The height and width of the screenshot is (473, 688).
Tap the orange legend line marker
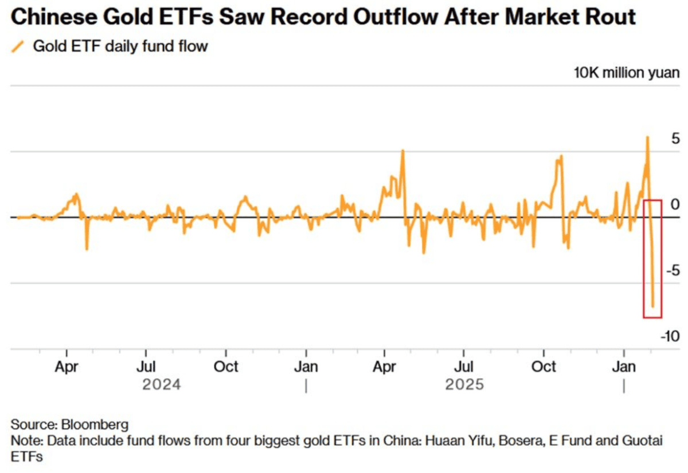tap(18, 46)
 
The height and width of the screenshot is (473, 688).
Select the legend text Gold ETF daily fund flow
tap(120, 46)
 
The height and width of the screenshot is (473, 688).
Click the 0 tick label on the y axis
tap(675, 204)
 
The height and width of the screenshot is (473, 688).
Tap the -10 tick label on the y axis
tap(670, 336)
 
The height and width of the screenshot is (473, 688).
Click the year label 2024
tap(161, 384)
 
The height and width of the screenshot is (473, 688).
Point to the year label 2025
tap(464, 384)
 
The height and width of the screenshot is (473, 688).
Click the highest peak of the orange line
tap(647, 137)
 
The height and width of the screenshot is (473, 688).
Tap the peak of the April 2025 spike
tap(402, 151)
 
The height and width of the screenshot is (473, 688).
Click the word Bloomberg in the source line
tap(95, 425)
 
